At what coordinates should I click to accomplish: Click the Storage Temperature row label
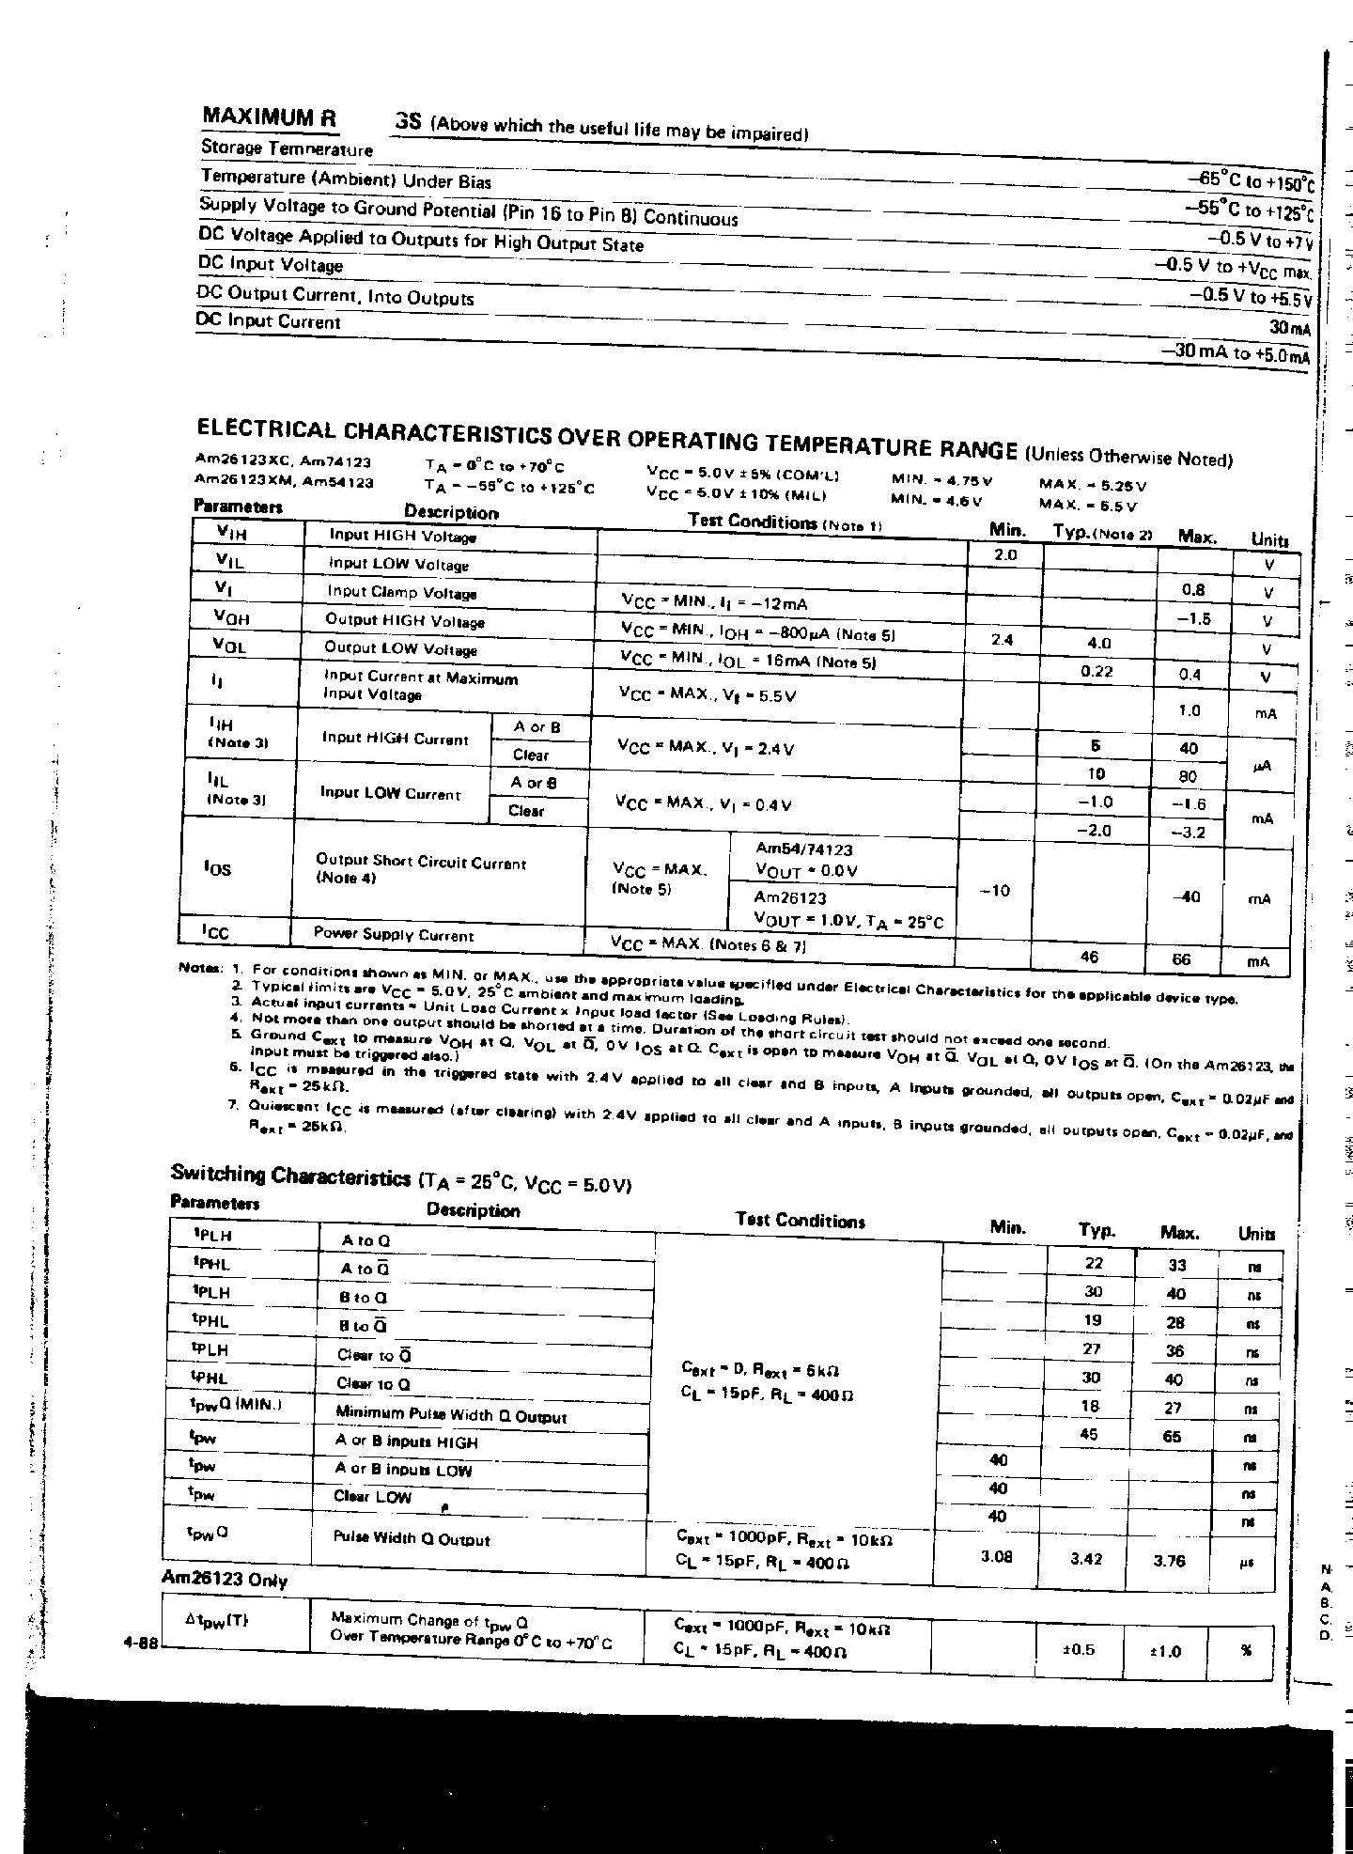287,148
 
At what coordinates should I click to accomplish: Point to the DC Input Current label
269,321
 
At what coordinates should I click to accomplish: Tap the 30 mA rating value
1288,327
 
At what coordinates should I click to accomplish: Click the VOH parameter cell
232,617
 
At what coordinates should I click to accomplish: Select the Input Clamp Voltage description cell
401,593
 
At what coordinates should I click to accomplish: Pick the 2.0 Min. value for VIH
1004,555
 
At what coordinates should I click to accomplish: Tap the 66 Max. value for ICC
1181,959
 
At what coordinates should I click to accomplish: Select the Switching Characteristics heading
289,1175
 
